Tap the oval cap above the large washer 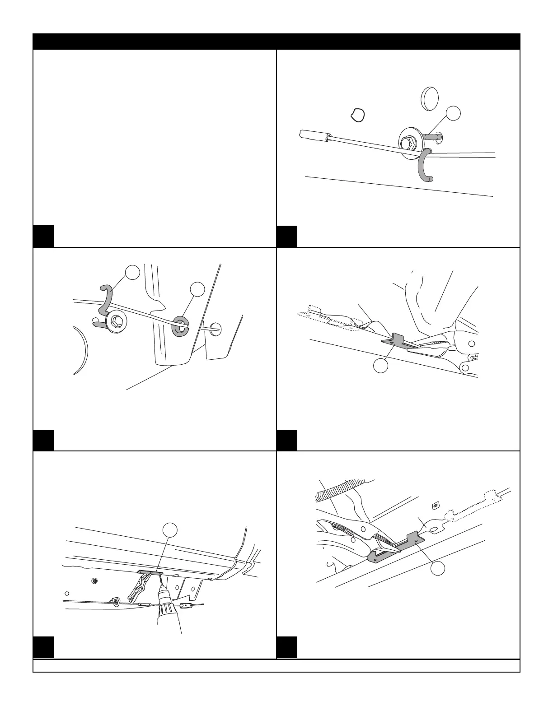coord(429,98)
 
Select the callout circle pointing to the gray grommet coord(197,289)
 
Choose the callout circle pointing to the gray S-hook coord(132,272)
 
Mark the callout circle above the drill coord(169,530)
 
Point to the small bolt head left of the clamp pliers coord(94,580)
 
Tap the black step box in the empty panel coord(44,236)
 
